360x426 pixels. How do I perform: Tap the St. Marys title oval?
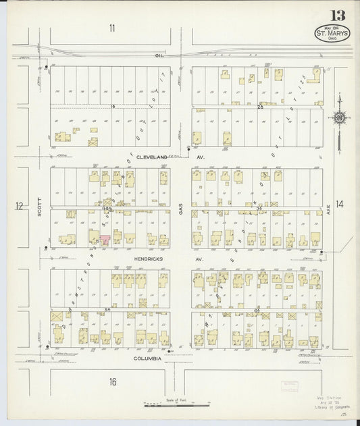[x=332, y=34]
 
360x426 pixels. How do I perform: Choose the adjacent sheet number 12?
[x=19, y=205]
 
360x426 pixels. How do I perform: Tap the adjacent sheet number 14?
[x=339, y=203]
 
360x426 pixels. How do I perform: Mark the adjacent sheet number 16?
[x=112, y=381]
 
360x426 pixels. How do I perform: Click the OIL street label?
[x=159, y=55]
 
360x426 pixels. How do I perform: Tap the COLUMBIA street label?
[x=147, y=358]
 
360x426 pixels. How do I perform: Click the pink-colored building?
[x=105, y=238]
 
